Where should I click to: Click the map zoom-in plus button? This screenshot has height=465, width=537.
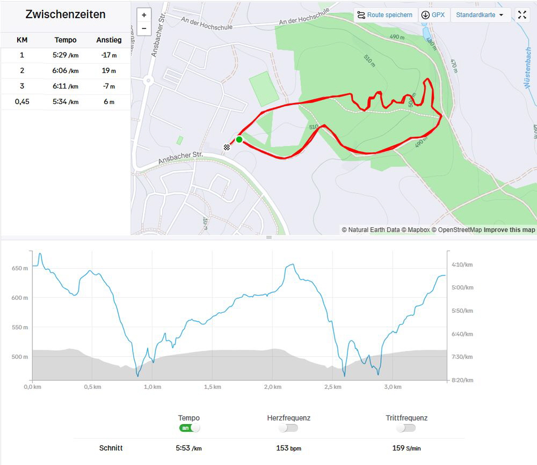point(144,15)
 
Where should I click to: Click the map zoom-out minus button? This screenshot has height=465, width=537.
point(144,28)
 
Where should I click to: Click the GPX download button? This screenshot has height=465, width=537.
point(434,15)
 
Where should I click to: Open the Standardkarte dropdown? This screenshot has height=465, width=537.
point(480,15)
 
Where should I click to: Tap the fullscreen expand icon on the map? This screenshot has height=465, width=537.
point(522,15)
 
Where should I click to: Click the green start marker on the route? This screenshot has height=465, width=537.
point(239,139)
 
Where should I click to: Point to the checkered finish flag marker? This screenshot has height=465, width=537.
point(227,147)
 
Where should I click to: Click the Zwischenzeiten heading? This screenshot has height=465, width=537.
point(66,14)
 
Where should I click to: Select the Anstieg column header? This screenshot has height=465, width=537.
point(109,40)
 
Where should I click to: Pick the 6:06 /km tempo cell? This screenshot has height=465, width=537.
point(66,71)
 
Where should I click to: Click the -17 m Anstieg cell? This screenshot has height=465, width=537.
point(109,55)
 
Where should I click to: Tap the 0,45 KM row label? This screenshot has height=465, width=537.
point(22,102)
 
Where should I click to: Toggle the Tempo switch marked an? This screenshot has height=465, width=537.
point(190,428)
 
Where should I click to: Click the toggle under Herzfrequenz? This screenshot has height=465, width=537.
point(288,428)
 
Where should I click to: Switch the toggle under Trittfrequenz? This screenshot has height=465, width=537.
point(406,428)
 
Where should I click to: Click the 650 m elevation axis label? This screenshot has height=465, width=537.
point(19,268)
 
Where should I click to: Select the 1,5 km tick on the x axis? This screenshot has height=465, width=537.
point(213,387)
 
